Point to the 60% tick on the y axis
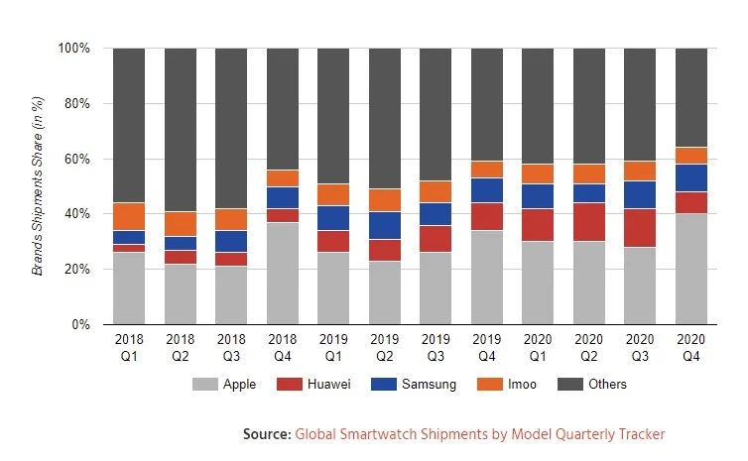[x=76, y=159]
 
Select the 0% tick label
[x=80, y=324]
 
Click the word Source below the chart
[x=265, y=434]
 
